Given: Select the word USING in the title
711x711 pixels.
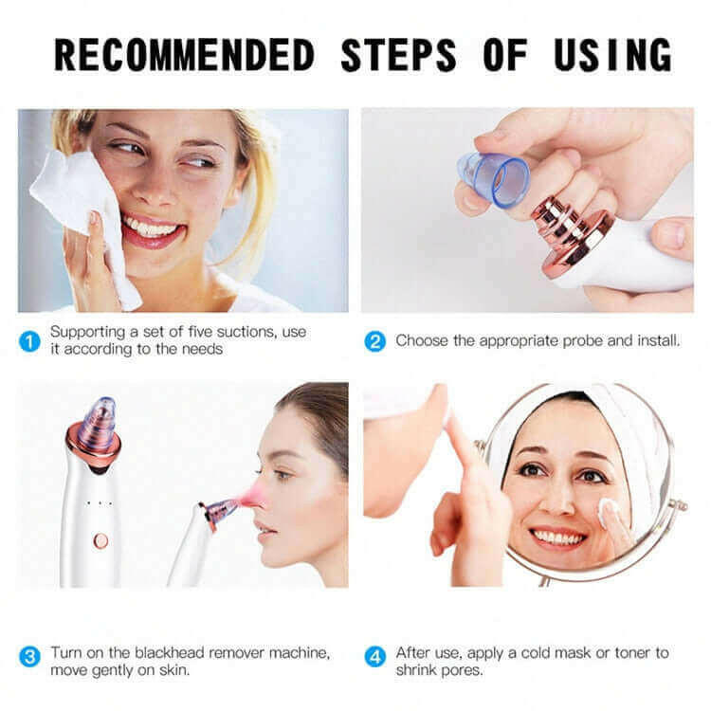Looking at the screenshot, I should [x=603, y=54].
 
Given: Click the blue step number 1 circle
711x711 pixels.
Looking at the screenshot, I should [x=31, y=340].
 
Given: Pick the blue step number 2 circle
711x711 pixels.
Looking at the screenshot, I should [x=375, y=340].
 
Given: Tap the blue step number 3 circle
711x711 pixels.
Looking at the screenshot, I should [x=31, y=655].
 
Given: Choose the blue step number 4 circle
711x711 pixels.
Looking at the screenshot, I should [x=375, y=655].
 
